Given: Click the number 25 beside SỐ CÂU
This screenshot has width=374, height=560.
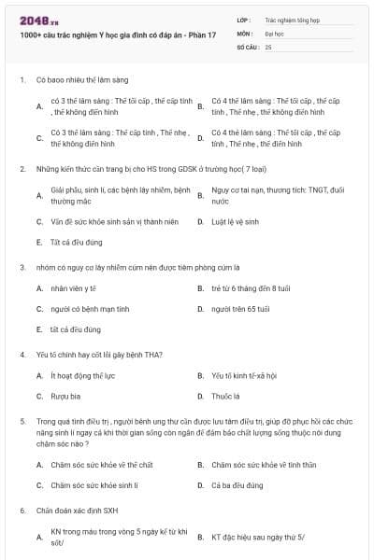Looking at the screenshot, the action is [x=268, y=46].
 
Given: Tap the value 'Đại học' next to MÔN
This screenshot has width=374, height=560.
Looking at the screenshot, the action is [x=274, y=32].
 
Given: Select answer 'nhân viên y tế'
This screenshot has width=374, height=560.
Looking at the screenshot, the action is [x=74, y=288].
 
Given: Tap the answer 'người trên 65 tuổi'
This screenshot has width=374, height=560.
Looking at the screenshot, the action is [x=240, y=308].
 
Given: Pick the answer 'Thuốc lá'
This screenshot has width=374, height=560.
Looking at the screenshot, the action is [x=225, y=395].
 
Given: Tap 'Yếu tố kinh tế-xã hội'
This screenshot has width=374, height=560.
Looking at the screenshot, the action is [x=244, y=375].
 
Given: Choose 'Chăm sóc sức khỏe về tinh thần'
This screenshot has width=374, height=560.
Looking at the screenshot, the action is [x=264, y=465].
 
